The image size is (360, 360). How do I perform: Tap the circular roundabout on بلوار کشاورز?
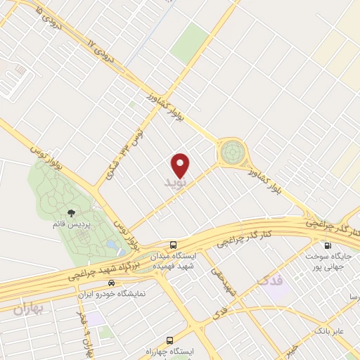coord(231,152)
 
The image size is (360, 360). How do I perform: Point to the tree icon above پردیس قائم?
coord(70,212)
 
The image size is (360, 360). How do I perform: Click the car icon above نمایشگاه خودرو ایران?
coord(111,283)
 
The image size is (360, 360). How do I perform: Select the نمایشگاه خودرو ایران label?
coord(111,293)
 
